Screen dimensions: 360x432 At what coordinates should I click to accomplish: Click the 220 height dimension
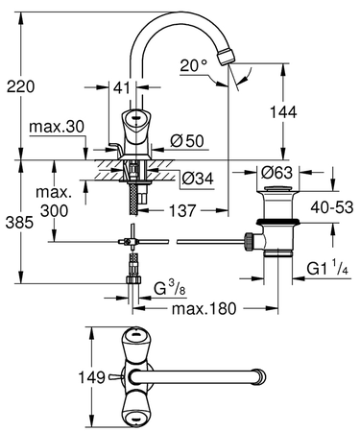21,86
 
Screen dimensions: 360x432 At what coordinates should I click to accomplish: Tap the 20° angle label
194,65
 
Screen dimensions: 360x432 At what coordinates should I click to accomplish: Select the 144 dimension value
283,112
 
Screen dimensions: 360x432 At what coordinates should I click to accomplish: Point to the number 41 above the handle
122,87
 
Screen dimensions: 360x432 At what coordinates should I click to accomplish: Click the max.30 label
57,127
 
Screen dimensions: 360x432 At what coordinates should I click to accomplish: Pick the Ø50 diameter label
187,141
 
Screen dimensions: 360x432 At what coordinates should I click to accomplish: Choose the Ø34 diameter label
198,179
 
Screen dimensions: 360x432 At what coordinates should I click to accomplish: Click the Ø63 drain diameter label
276,173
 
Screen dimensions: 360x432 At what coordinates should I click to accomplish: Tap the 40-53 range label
332,207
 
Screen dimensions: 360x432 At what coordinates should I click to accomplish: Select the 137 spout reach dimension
182,210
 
